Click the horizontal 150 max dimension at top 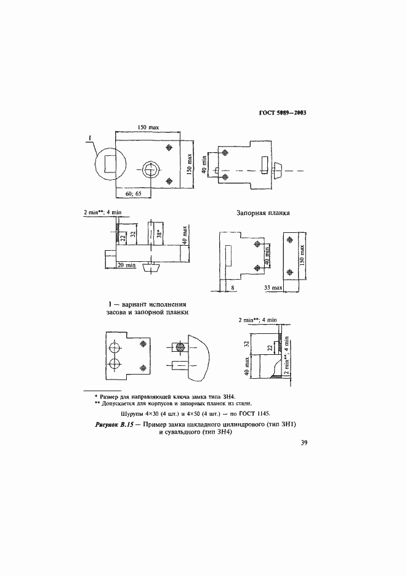tap(147, 127)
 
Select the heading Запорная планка tap(264, 213)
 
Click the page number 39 tap(304, 442)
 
